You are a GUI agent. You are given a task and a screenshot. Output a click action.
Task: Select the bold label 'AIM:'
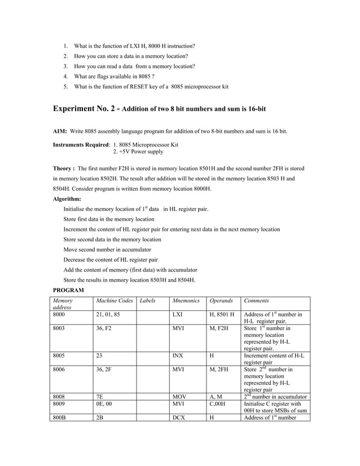(60, 131)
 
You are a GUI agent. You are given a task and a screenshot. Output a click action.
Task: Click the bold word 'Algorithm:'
(67, 199)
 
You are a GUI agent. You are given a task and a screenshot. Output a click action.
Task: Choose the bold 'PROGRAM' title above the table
(68, 290)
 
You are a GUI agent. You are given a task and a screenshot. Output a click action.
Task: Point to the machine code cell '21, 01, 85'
(108, 314)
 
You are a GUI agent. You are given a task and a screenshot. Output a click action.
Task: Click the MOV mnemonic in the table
(179, 397)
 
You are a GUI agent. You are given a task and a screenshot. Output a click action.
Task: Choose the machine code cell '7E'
(100, 397)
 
